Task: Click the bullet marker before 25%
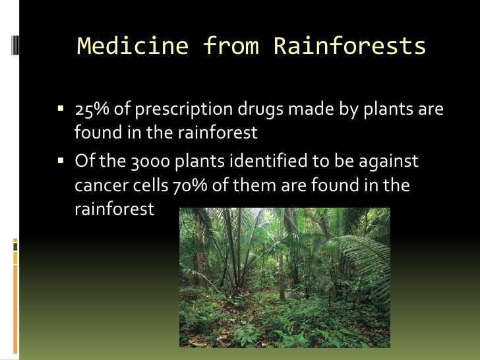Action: (x=61, y=109)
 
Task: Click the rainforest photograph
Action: (x=284, y=278)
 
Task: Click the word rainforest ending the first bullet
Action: (x=220, y=133)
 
